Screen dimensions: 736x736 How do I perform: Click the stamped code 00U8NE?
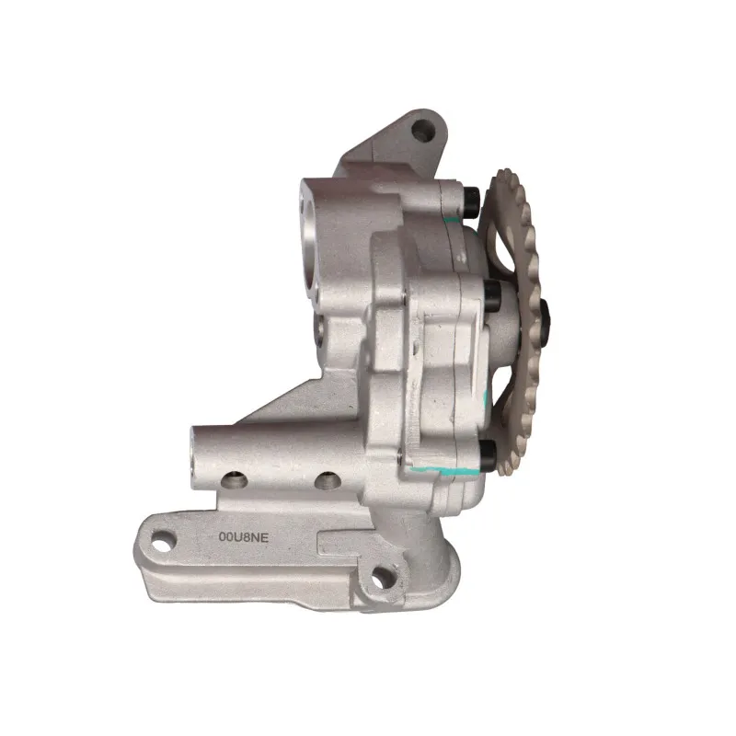[244, 537]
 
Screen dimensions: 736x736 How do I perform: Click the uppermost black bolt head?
[471, 202]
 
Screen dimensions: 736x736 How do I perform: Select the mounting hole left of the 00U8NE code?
[164, 540]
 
